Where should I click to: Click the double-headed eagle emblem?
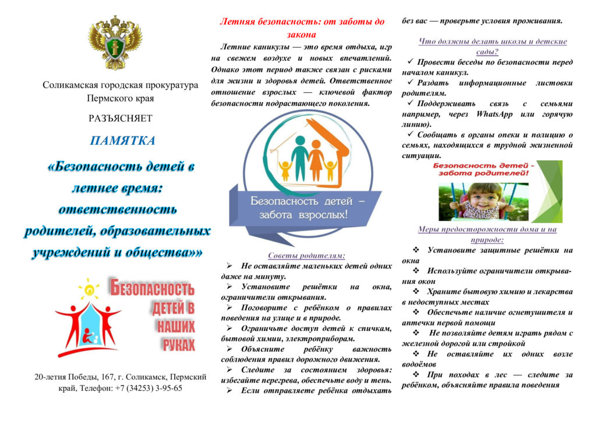[x=115, y=43]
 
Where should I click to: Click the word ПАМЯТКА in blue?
[x=122, y=141]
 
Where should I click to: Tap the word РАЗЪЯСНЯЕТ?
[x=121, y=118]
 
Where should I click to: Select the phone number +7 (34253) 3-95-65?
[x=150, y=387]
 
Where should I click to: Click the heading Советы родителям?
[x=306, y=256]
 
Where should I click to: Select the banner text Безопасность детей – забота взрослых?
[x=299, y=207]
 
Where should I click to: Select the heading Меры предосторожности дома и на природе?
[x=487, y=234]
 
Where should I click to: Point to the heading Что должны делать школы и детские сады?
[x=493, y=46]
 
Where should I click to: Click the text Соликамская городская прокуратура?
[x=120, y=85]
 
